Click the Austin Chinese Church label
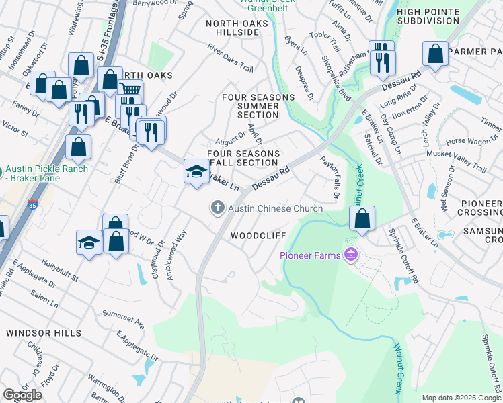point(276,208)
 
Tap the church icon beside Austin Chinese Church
point(217,208)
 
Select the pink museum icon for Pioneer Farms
point(350,255)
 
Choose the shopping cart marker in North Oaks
point(130,92)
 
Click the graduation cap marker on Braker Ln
point(196,171)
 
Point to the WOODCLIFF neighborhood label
point(259,236)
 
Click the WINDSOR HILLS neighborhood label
point(43,332)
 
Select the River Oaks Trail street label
point(231,59)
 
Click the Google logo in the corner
point(22,395)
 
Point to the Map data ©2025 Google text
point(461,398)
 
